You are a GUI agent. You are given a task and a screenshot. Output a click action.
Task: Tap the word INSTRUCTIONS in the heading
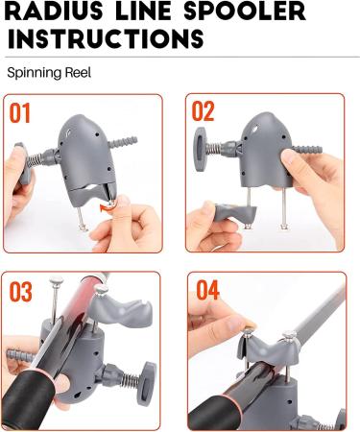(106, 39)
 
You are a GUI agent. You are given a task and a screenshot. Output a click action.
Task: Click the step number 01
(20, 113)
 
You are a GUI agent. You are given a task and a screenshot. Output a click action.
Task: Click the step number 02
(204, 111)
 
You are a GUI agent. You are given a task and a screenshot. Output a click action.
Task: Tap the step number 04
(209, 289)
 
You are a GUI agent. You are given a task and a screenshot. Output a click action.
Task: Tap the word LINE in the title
(134, 12)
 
